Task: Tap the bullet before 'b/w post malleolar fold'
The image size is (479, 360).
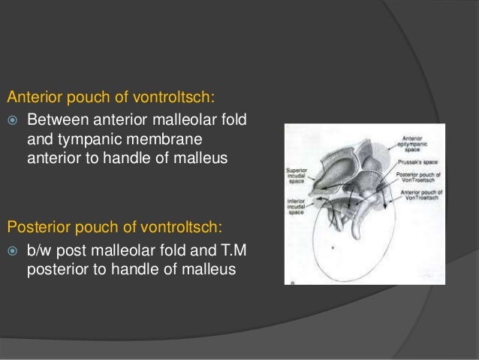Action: coord(13,250)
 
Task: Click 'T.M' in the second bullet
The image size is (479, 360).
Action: coord(221,250)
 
